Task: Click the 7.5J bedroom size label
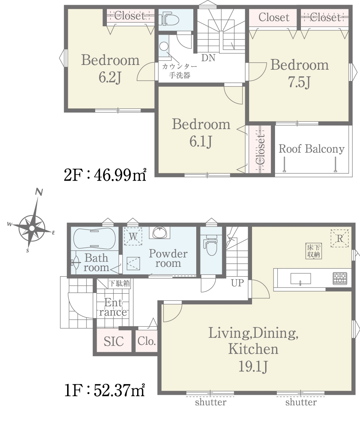pos(299,82)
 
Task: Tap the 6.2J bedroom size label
pos(110,77)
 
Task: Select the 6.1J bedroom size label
pos(201,142)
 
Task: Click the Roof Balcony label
pos(311,149)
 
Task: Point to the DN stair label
pos(208,58)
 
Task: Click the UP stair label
pos(237,283)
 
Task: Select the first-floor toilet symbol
pos(210,245)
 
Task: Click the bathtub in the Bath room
pos(94,238)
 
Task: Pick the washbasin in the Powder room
pos(160,232)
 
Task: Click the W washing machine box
pos(133,236)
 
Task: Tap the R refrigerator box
pos(340,238)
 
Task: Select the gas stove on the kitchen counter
pos(340,278)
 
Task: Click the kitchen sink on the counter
pos(300,279)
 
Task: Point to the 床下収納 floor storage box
pos(314,251)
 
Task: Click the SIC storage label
pos(114,342)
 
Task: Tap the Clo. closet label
pos(147,341)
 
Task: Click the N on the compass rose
pos(39,192)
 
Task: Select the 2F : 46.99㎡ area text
pos(105,175)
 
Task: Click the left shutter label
pos(211,402)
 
